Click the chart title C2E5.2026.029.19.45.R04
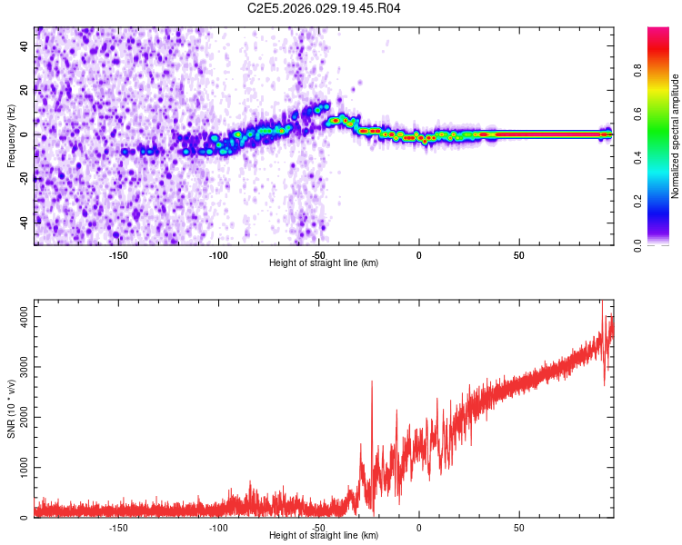click(x=325, y=8)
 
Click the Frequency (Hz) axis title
click(x=11, y=136)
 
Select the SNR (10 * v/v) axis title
click(x=11, y=409)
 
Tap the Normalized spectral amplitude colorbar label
click(x=675, y=136)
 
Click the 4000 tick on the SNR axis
click(x=19, y=316)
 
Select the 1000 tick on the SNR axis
click(x=19, y=468)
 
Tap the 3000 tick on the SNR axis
click(x=19, y=367)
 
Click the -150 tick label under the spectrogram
click(x=117, y=255)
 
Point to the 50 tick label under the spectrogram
click(x=518, y=255)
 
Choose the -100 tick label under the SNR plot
click(x=218, y=528)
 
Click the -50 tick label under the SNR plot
click(x=318, y=528)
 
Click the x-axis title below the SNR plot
click(x=324, y=536)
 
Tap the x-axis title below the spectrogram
click(x=324, y=263)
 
